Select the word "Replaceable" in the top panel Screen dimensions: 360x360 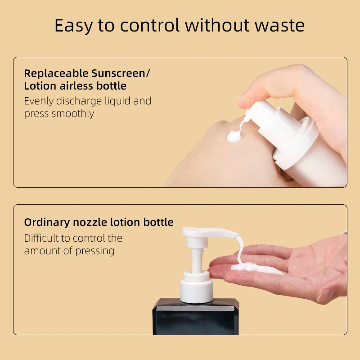point(55,73)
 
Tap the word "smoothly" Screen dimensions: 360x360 point(72,113)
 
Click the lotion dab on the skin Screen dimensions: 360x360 point(234,135)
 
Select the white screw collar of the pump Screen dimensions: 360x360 point(196,288)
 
